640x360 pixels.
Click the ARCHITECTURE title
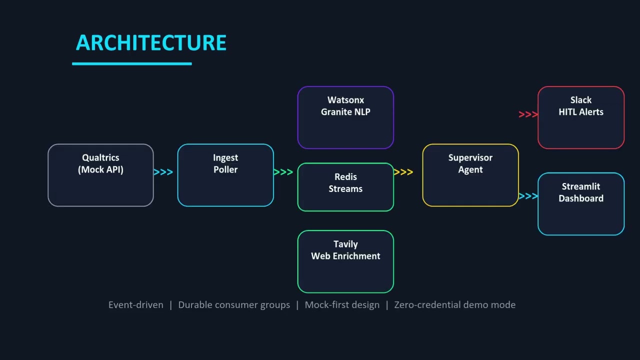[x=151, y=43]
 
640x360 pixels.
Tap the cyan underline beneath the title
[x=132, y=63]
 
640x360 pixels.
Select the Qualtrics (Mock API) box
[x=100, y=175]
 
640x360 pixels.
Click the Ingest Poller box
[x=225, y=175]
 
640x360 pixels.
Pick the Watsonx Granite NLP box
[x=345, y=117]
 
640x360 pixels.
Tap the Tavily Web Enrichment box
[x=345, y=261]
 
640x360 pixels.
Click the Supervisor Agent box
[x=470, y=175]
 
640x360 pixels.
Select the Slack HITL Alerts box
[x=581, y=117]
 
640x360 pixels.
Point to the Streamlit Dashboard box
[x=581, y=204]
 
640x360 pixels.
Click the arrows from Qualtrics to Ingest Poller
[x=163, y=172]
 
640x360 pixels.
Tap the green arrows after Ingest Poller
[x=283, y=172]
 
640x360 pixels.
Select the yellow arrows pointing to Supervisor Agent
[x=403, y=172]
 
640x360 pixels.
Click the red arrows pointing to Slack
[x=528, y=114]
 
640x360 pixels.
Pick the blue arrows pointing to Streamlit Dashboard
[x=528, y=196]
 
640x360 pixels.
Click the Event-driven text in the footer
[x=136, y=305]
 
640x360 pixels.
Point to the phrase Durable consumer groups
[x=234, y=305]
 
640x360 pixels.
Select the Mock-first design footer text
[x=342, y=305]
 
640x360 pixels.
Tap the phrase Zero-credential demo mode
[x=455, y=305]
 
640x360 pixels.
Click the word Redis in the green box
[x=345, y=177]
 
